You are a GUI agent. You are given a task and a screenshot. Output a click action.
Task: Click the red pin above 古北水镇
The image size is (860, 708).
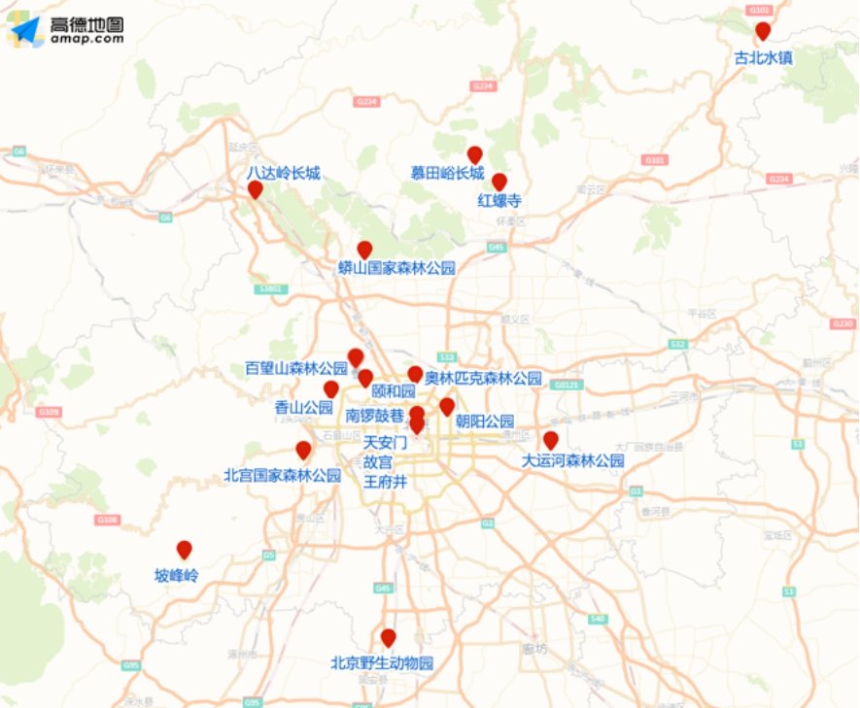coord(763,31)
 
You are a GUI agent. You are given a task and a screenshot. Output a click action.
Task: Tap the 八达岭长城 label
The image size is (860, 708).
coord(283,173)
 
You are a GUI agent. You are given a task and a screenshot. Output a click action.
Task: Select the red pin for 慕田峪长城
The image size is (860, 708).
coord(475,154)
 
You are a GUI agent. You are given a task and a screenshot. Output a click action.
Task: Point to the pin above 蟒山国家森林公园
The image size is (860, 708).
coord(364,250)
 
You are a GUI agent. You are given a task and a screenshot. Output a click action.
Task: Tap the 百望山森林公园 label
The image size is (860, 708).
coord(296,369)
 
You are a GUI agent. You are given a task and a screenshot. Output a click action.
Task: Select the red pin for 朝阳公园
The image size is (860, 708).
coord(447,406)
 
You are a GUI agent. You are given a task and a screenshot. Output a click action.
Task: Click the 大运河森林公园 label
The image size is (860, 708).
coord(572,460)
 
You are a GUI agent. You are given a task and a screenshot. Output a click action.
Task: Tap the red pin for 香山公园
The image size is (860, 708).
coord(331,388)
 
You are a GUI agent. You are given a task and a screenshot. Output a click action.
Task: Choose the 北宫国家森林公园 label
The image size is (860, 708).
coord(282,476)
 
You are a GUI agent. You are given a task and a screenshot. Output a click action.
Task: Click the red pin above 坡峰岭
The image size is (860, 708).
coord(184,549)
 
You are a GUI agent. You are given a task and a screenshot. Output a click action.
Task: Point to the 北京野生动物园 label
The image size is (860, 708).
coord(381,664)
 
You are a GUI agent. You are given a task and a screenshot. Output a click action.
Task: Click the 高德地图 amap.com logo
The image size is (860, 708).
coord(66,31)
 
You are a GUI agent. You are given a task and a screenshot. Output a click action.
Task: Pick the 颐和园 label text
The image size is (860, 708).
coord(394,390)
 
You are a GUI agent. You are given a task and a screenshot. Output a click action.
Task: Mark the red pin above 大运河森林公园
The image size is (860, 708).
coord(551,440)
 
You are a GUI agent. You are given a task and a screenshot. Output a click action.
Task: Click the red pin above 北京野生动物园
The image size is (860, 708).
coord(389,637)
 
